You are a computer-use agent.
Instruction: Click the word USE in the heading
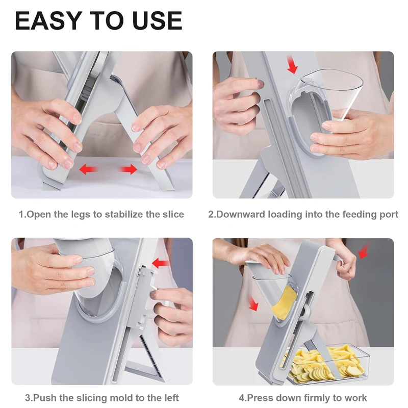coord(158,20)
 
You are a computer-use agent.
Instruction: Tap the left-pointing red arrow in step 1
coord(88,169)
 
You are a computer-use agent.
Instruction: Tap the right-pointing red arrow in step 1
coord(128,169)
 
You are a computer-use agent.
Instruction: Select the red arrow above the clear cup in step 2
coord(292,65)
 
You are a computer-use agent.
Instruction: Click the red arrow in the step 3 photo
coord(161,263)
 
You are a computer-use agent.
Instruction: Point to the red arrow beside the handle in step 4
coord(364,251)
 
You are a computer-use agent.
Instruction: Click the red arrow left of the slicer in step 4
coord(253,303)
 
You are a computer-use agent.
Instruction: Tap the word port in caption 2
coord(388,215)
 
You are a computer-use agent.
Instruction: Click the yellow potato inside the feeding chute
coord(285,302)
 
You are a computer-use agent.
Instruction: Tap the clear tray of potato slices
coord(328,364)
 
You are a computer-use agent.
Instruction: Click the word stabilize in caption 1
coord(124,214)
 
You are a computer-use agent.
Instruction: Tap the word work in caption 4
coord(355,398)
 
